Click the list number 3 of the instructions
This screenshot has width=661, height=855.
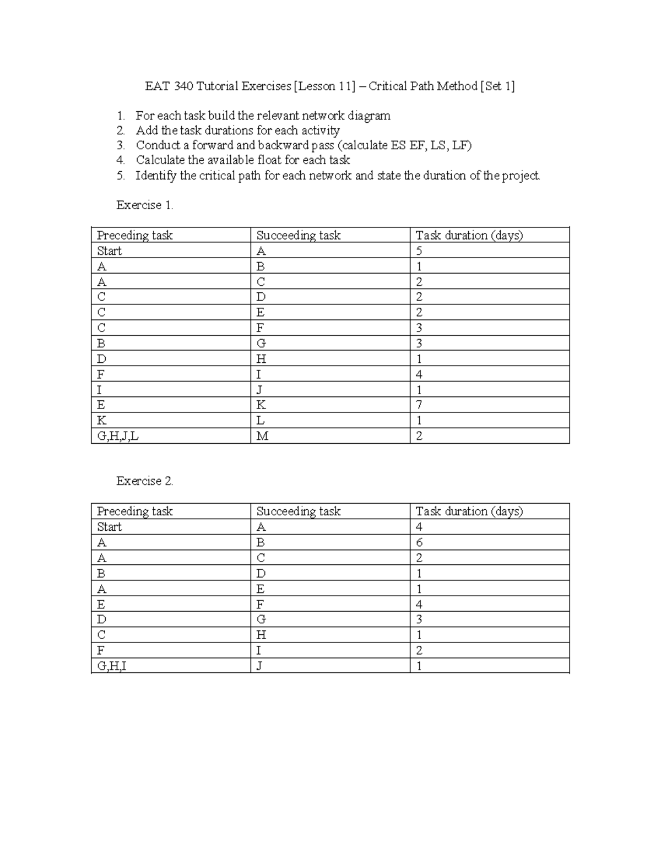coord(121,145)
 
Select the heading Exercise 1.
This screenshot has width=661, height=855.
coord(144,205)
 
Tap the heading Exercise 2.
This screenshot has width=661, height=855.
coord(144,481)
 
